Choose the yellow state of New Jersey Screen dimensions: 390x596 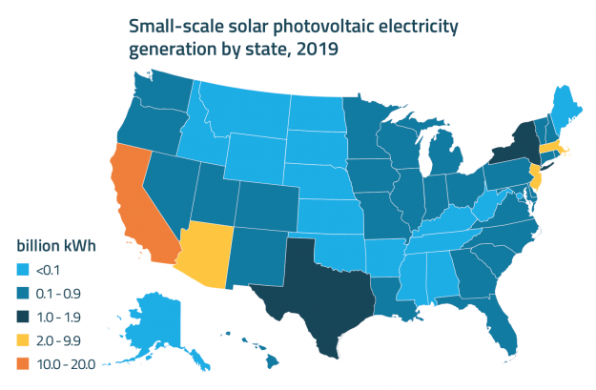click(x=536, y=176)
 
